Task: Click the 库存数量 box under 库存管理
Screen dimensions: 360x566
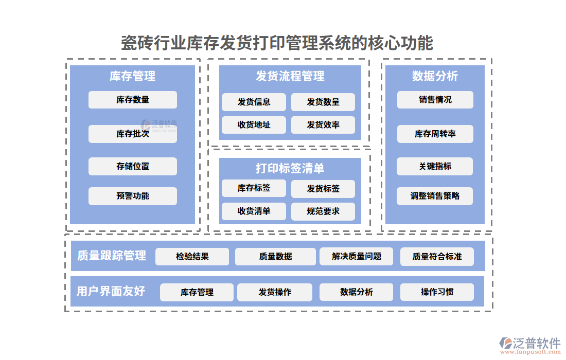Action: [x=132, y=100]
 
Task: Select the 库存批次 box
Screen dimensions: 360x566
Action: [x=132, y=134]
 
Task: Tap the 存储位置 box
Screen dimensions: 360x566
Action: [x=132, y=166]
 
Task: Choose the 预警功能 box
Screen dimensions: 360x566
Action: [x=132, y=196]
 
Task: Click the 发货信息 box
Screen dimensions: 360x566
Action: [x=254, y=102]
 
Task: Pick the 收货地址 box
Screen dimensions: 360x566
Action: [x=254, y=124]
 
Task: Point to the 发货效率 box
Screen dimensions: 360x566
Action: [x=323, y=124]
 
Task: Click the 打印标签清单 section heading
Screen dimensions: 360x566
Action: [x=290, y=168]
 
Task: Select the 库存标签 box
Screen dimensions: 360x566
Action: [x=254, y=188]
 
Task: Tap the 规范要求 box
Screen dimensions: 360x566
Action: [x=323, y=211]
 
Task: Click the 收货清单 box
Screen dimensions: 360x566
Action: [x=254, y=211]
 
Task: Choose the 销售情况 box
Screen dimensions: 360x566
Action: [x=435, y=100]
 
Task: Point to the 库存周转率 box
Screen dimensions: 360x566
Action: [x=435, y=134]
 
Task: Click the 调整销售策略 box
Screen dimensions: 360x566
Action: [x=435, y=196]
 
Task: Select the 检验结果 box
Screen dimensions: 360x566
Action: [x=192, y=256]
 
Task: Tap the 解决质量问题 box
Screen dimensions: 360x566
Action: [x=357, y=256]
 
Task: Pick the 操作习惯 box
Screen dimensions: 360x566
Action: [x=437, y=292]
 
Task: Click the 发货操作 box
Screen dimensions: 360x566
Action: [x=275, y=292]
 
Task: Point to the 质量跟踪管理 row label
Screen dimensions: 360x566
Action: [x=111, y=256]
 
